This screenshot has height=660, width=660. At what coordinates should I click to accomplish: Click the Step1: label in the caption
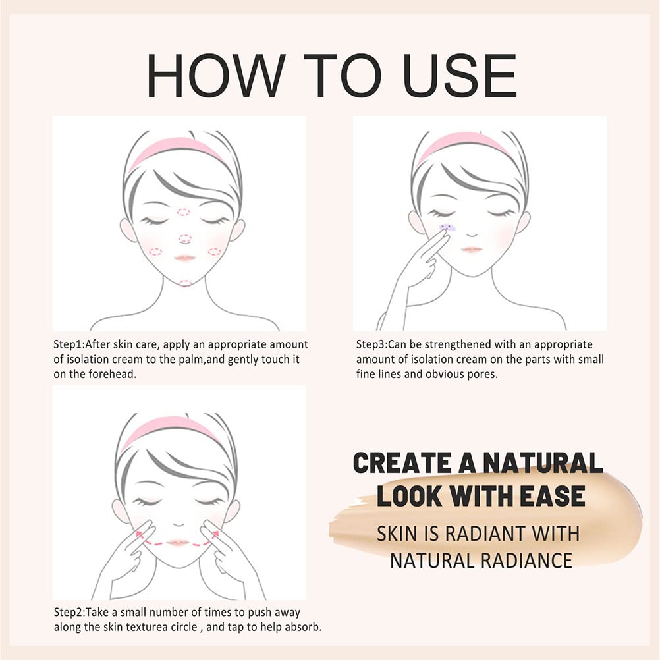point(72,344)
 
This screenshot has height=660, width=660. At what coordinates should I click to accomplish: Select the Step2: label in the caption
point(72,613)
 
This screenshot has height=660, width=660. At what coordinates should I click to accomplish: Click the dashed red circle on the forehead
point(184,212)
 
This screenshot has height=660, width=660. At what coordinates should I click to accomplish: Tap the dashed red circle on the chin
point(185,283)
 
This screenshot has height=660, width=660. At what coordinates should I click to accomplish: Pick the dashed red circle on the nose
point(185,238)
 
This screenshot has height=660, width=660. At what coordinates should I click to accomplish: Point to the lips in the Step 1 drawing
point(185,258)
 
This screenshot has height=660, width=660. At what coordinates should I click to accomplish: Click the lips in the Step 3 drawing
point(471,250)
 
